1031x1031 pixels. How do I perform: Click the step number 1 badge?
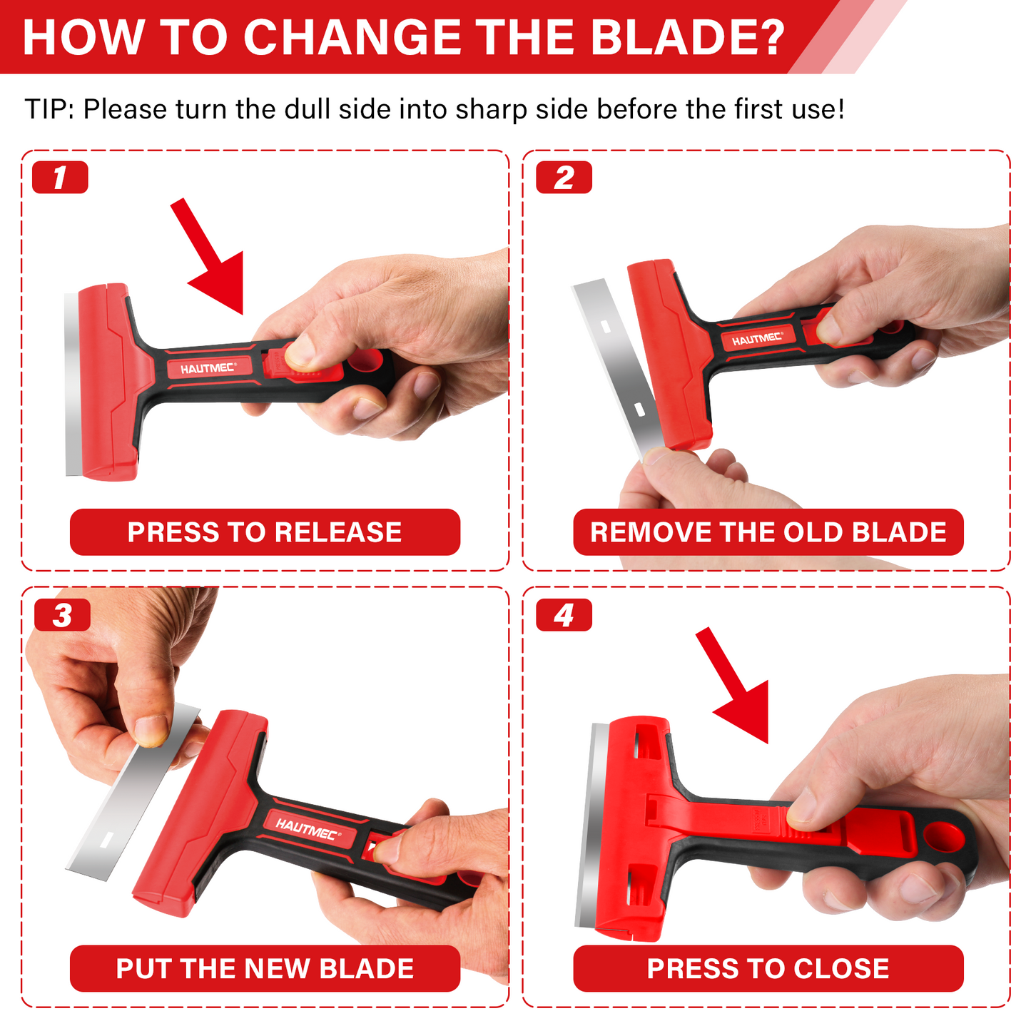click(60, 178)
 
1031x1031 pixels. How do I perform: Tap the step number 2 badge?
click(564, 178)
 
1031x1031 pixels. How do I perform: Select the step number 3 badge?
click(62, 615)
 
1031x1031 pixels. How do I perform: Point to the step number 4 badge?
click(564, 615)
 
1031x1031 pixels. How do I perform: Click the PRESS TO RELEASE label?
click(265, 532)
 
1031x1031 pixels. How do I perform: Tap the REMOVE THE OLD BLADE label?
click(768, 532)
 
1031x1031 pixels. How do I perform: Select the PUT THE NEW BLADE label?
click(265, 968)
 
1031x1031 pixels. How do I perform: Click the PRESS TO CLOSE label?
click(768, 968)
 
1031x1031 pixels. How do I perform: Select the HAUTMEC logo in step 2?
click(757, 339)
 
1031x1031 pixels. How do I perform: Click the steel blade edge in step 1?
click(72, 385)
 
